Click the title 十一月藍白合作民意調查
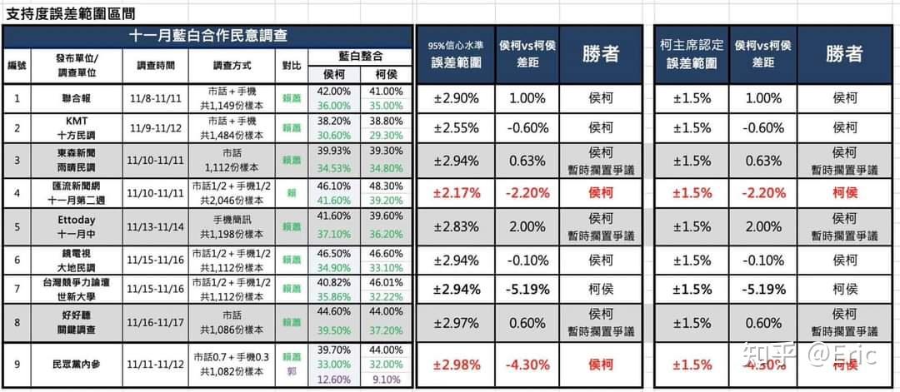(207, 36)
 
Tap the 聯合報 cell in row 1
(76, 98)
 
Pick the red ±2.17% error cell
(456, 192)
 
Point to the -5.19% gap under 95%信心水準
(528, 290)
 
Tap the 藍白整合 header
(361, 56)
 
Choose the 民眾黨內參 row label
(76, 365)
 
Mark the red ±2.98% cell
(456, 365)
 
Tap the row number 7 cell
(17, 290)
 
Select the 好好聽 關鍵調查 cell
(76, 322)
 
